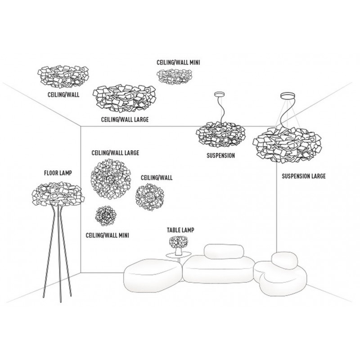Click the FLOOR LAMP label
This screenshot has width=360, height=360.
[58, 172]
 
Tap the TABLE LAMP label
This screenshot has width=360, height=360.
[180, 230]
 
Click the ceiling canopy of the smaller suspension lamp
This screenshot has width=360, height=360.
[220, 95]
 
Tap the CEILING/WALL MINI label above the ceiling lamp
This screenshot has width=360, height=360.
[178, 62]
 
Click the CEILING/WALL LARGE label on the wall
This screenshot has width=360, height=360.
[115, 153]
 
